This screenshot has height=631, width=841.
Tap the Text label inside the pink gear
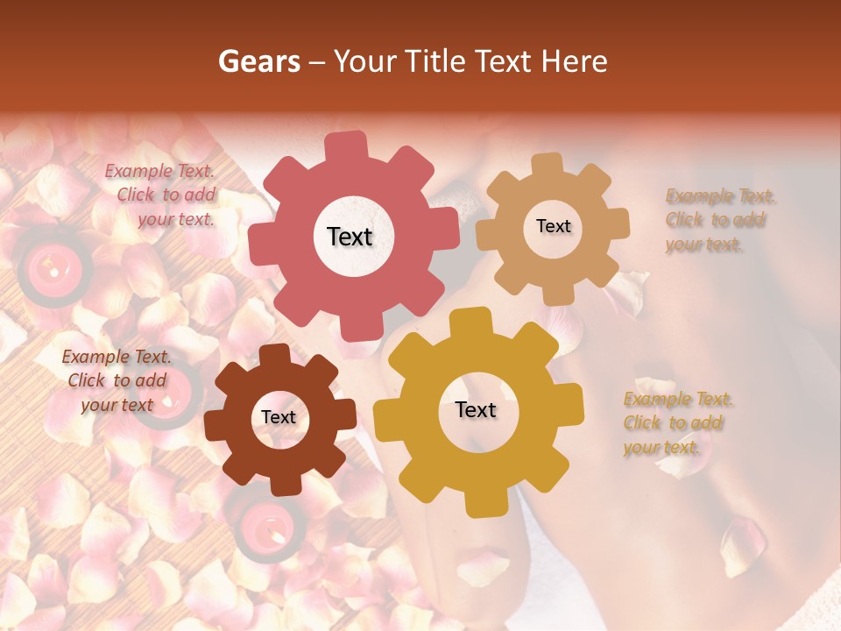350,237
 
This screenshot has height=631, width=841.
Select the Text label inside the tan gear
553,226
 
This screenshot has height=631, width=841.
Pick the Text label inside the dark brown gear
279,417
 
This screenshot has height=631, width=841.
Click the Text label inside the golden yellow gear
476,410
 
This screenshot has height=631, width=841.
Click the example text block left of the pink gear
163,195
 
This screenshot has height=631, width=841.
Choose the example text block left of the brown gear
117,380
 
